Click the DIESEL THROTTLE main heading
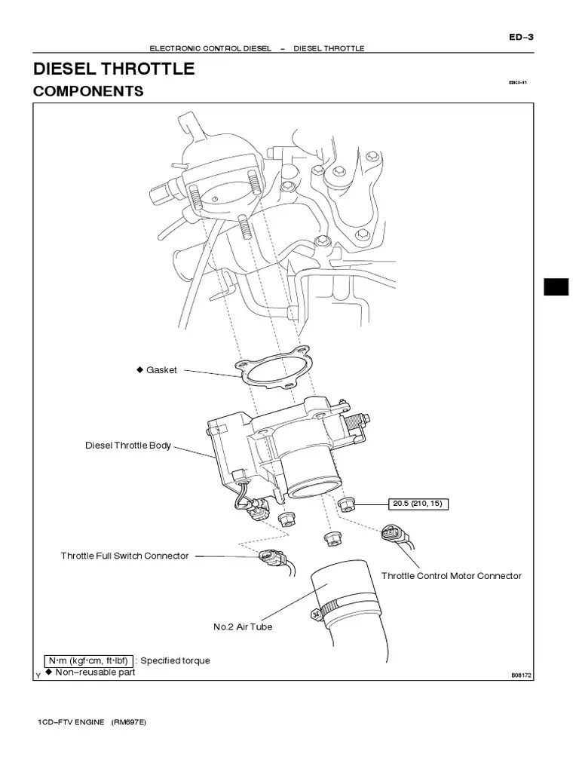(114, 69)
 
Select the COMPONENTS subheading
(88, 91)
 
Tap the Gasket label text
(161, 370)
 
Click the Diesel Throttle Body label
(127, 446)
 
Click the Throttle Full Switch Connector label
(124, 556)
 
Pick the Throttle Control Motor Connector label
(451, 576)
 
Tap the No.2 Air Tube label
(243, 626)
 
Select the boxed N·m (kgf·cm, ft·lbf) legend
(89, 660)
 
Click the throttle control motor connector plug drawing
(394, 535)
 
